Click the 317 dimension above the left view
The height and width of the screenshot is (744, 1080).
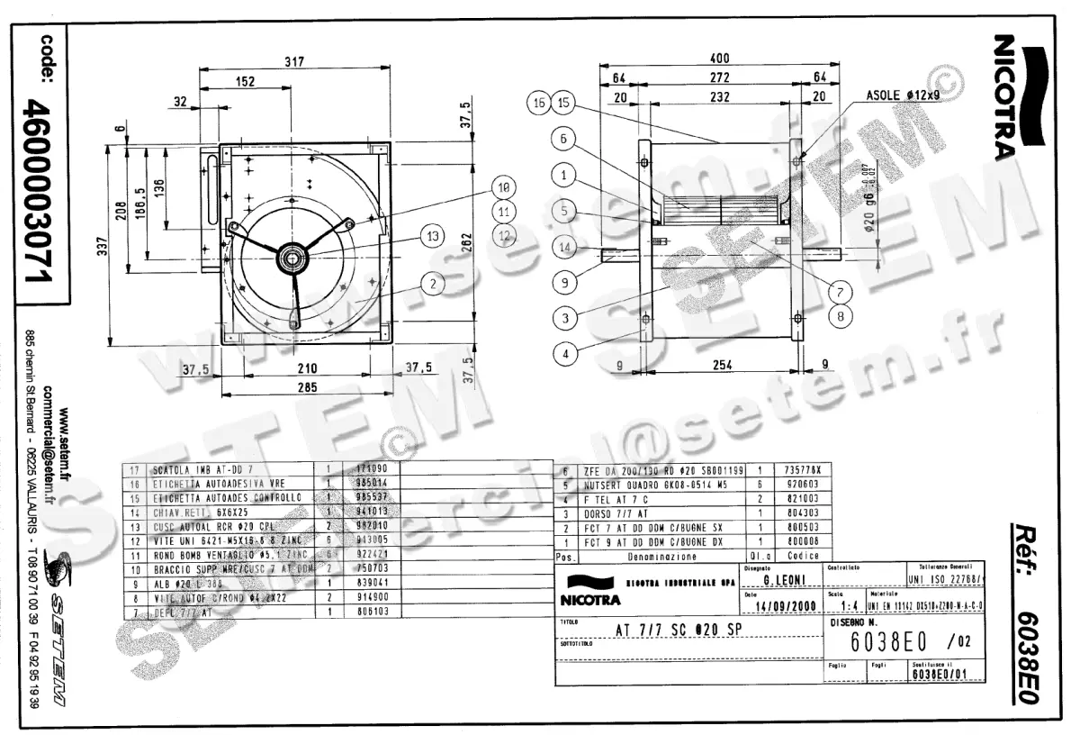coord(293,62)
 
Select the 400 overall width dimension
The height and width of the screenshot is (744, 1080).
coord(720,59)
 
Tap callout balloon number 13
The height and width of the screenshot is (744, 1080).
coord(434,236)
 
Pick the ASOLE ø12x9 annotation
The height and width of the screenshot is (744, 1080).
coord(903,95)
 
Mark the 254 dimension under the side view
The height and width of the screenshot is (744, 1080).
coord(722,366)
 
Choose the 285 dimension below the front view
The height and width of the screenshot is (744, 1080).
coord(308,388)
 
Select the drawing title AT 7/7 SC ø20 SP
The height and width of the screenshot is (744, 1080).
coord(677,631)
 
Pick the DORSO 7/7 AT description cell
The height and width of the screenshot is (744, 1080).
coord(612,513)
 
